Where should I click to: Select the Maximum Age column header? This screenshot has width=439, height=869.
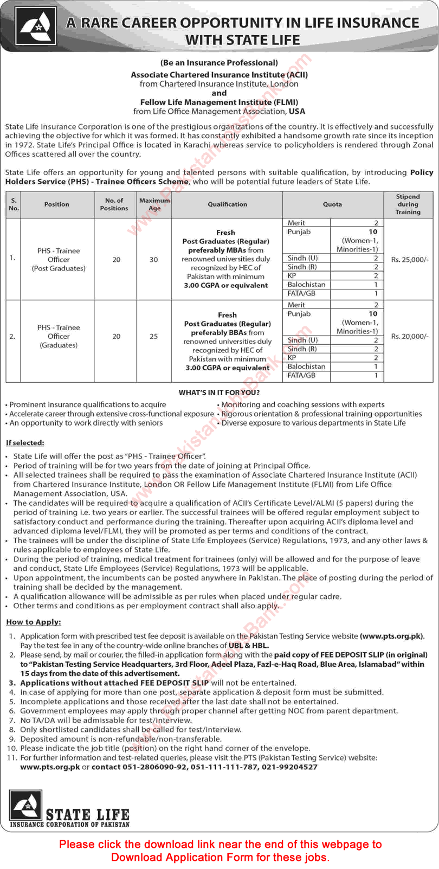(154, 204)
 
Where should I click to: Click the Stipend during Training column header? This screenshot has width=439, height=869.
(408, 204)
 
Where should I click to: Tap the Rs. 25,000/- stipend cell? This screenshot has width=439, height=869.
(409, 260)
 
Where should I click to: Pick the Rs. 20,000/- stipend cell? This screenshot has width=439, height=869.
(409, 337)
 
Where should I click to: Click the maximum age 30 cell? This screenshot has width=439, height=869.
(154, 260)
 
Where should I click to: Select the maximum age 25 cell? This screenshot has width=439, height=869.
(154, 337)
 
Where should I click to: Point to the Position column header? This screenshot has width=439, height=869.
(57, 204)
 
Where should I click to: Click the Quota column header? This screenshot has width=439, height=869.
(332, 204)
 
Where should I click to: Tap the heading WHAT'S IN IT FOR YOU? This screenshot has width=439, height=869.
(219, 392)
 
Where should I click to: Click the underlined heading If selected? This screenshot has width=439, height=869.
(25, 443)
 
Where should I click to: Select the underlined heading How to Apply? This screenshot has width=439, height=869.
(34, 622)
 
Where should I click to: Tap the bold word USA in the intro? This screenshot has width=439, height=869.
(297, 111)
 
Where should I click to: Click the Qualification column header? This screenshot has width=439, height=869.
(227, 204)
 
